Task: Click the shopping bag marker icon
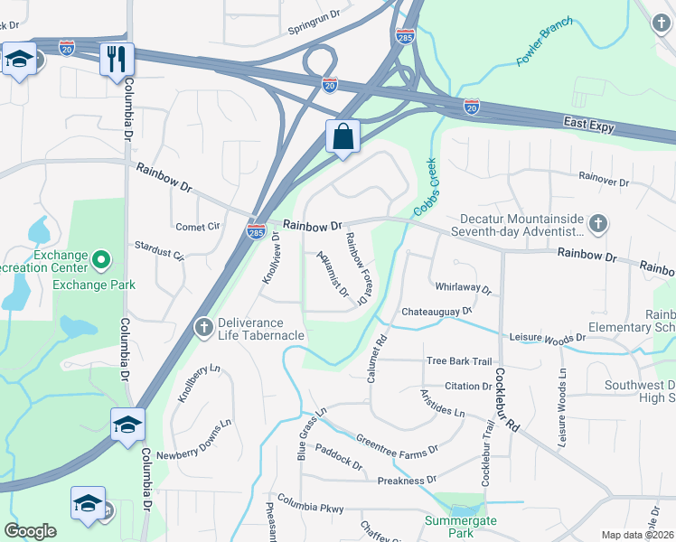(343, 137)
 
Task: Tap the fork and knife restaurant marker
(117, 60)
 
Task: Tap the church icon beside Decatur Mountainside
(596, 223)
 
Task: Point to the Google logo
(30, 531)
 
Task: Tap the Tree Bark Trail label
(458, 361)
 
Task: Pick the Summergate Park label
(462, 528)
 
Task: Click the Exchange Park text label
(93, 285)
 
